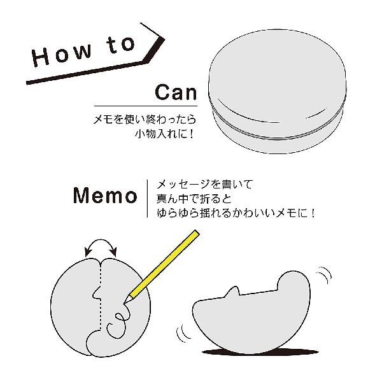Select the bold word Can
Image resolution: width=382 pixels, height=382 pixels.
click(x=175, y=92)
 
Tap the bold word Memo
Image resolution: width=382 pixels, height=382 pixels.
click(x=105, y=195)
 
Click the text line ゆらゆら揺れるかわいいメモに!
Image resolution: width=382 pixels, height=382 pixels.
click(x=236, y=215)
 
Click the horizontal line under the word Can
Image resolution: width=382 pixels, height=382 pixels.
click(x=151, y=106)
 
